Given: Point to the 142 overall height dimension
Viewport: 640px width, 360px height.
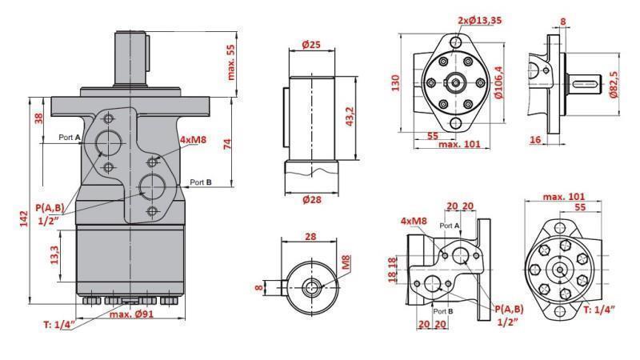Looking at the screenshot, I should (x=23, y=218).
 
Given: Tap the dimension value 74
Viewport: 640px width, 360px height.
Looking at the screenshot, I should (x=227, y=143).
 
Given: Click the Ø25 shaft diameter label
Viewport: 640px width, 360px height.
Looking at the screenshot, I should (x=311, y=45).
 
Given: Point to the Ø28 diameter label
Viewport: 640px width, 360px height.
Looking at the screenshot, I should (x=311, y=199).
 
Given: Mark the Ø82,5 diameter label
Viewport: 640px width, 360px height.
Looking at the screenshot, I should (x=614, y=82).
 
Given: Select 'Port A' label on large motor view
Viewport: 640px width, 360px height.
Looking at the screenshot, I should (x=70, y=138).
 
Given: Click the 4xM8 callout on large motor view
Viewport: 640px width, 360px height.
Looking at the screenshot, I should (x=194, y=140).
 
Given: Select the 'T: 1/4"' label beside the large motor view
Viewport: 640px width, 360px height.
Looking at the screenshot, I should (x=58, y=324).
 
